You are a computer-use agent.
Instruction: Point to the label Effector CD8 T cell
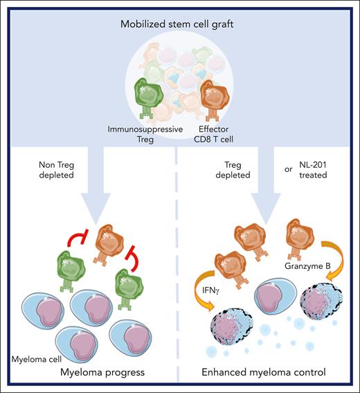pyautogui.click(x=221, y=134)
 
